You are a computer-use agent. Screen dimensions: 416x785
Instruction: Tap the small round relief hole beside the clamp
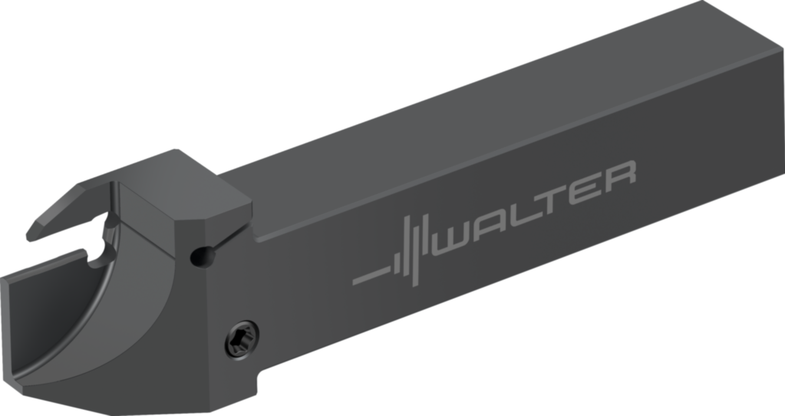(x=201, y=256)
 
